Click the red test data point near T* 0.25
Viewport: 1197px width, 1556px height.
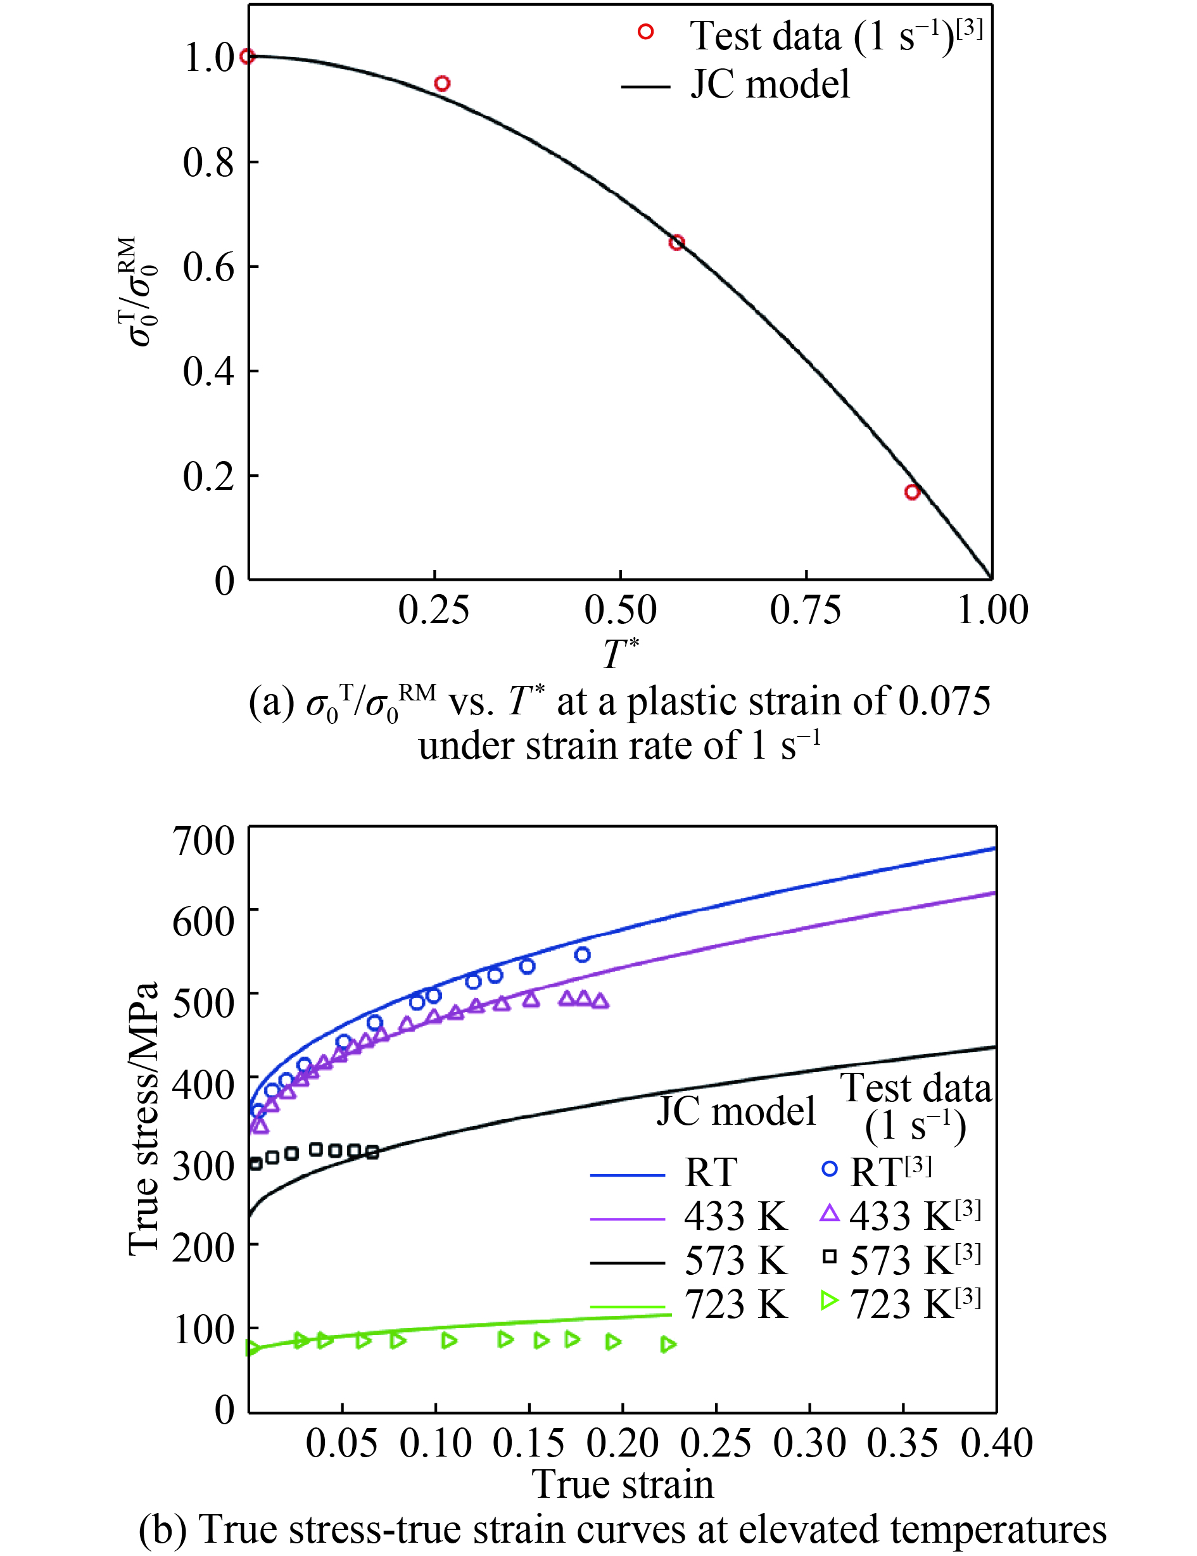pyautogui.click(x=442, y=84)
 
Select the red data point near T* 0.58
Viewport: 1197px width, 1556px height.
pyautogui.click(x=677, y=242)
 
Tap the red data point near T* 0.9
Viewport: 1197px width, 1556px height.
pyautogui.click(x=912, y=491)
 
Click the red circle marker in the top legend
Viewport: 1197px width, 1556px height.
pyautogui.click(x=645, y=32)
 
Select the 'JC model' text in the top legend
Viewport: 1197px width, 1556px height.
pyautogui.click(x=769, y=84)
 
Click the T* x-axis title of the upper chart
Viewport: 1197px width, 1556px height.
pyautogui.click(x=621, y=654)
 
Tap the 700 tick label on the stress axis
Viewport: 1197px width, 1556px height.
pyautogui.click(x=203, y=841)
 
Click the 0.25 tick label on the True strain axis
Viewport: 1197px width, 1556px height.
pyautogui.click(x=716, y=1443)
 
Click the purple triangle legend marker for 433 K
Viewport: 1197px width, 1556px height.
pyautogui.click(x=830, y=1213)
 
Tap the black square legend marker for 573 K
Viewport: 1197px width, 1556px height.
pyautogui.click(x=830, y=1256)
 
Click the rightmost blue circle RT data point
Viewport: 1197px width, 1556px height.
pyautogui.click(x=583, y=955)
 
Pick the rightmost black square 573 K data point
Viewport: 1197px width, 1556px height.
pyautogui.click(x=372, y=1152)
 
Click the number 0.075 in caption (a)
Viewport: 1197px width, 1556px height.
pyautogui.click(x=944, y=702)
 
